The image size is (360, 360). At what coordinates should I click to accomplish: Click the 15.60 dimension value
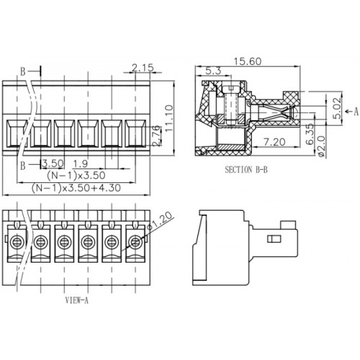[x=248, y=61]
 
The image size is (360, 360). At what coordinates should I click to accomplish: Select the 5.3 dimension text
[x=213, y=71]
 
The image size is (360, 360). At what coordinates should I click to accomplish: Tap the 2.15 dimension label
[x=143, y=68]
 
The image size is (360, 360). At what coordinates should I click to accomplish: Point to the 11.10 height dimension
[x=169, y=118]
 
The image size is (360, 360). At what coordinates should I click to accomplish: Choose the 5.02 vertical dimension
[x=337, y=108]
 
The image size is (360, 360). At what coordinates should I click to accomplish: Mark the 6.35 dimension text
[x=310, y=134]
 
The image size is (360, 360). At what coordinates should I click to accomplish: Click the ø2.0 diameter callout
[x=321, y=146]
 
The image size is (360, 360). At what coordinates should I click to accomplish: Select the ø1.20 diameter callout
[x=160, y=221]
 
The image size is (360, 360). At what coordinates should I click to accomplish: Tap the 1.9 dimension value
[x=81, y=163]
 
